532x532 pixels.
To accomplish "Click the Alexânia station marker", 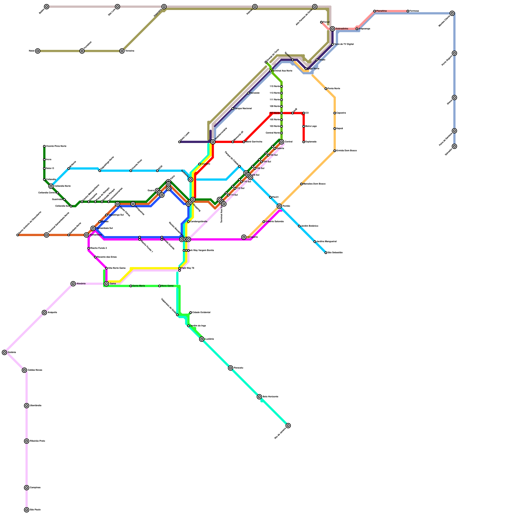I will point(73,284).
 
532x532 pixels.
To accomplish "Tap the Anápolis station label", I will point(53,313).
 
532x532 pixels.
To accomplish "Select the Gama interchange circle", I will point(106,284).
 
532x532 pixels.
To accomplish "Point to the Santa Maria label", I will point(139,286).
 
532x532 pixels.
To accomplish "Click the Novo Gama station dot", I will point(160,286).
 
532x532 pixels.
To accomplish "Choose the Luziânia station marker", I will point(202,339).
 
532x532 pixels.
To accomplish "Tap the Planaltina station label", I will point(382,11).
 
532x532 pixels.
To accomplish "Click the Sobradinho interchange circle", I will point(332,29).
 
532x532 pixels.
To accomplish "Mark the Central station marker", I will point(282,142).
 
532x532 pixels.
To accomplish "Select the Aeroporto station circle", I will point(244,237).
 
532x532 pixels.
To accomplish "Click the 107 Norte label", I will point(275,113).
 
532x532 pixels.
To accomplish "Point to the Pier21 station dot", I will point(270,198).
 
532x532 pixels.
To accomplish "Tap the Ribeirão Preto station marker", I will point(27,441).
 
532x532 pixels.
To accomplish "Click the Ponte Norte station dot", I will point(326,89).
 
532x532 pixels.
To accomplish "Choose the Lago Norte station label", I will point(314,69).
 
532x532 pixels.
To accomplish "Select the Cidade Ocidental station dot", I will point(191,313).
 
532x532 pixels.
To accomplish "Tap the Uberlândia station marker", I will point(27,406).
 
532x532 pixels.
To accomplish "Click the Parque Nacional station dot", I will point(233,109).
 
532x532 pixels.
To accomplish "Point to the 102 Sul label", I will point(274,155).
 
